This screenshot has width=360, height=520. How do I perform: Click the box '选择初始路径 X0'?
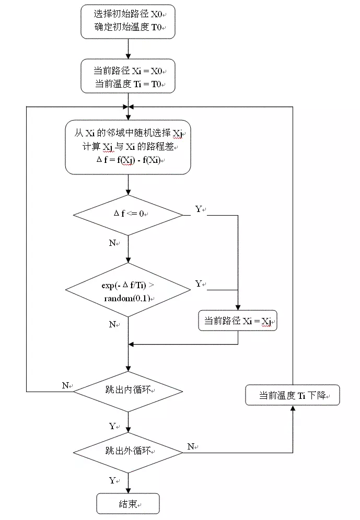point(127,21)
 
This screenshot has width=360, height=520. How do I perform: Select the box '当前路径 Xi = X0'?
point(127,76)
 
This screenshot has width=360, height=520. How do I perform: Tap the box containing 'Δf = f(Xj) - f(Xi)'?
point(127,147)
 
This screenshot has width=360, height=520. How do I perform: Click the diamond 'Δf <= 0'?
point(127,215)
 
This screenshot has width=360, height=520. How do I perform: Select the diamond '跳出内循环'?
point(127,390)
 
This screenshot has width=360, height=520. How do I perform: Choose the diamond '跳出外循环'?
point(127,451)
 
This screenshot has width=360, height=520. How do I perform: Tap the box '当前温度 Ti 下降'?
point(293,396)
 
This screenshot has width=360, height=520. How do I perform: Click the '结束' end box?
point(127,504)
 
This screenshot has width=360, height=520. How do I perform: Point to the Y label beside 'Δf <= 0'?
point(199,209)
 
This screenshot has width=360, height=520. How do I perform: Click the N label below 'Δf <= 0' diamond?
point(112,243)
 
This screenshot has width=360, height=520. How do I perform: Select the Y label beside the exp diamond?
point(199,283)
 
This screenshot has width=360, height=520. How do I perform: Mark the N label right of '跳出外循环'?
point(191,446)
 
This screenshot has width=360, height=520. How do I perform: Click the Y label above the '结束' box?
point(112,480)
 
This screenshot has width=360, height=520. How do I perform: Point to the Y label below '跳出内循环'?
point(112,426)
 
